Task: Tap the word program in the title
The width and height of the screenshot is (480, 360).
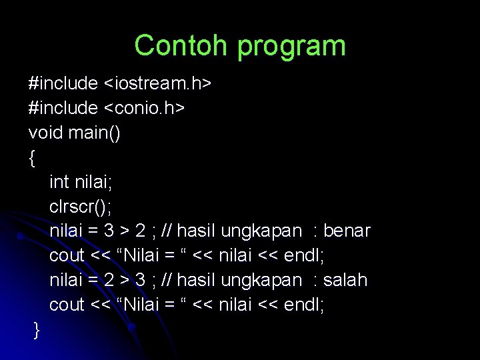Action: [x=291, y=46]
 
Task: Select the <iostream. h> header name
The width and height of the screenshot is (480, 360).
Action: [x=157, y=83]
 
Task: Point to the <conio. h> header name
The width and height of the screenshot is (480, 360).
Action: [x=144, y=108]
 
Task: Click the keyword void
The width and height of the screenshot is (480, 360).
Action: [x=46, y=133]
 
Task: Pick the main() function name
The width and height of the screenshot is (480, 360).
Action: [x=95, y=133]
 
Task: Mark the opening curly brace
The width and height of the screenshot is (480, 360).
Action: [x=32, y=157]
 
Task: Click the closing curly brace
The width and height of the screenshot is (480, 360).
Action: [x=36, y=330]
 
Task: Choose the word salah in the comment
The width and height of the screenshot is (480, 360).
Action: [x=345, y=280]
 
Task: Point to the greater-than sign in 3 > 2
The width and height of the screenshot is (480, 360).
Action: [x=125, y=231]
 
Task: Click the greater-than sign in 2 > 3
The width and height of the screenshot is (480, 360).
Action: [x=125, y=280]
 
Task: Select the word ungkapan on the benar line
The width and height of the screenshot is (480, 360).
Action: [x=261, y=231]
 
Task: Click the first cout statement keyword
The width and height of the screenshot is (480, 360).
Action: [x=67, y=255]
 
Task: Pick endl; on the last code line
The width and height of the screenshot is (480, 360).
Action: [x=304, y=305]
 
